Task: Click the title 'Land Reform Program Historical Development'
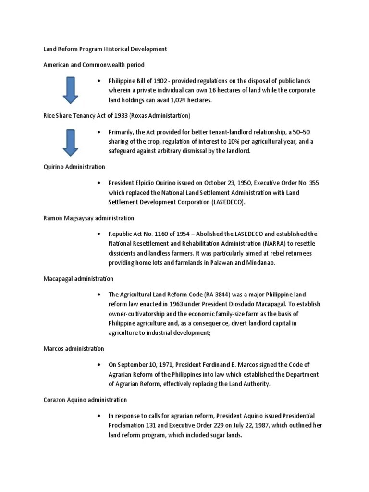point(105,49)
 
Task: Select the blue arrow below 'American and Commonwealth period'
point(71,90)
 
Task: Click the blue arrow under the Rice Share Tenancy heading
point(71,142)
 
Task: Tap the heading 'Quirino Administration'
point(74,167)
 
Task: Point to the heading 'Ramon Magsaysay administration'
point(89,218)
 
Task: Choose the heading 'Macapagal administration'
point(78,279)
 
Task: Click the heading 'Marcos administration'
point(74,348)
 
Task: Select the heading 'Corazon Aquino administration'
point(85,400)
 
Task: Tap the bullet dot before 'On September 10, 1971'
point(98,365)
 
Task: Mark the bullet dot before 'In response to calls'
point(98,416)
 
